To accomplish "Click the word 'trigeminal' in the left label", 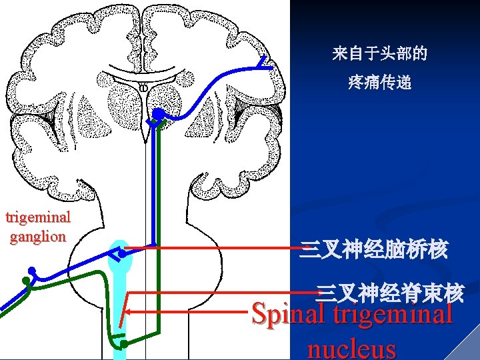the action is point(37,217).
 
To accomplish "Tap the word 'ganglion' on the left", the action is point(37,236).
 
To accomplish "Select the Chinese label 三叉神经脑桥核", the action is point(373,251).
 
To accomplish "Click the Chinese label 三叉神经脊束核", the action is point(390,292).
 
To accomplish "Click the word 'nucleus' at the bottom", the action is point(351,349).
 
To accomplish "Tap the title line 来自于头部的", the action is point(380,54).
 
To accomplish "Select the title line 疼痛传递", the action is point(380,83).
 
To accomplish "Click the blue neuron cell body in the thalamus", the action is point(157,113).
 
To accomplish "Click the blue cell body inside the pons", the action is point(123,254).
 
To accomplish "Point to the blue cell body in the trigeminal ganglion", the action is point(31,271).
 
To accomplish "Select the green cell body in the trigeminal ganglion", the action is point(27,281).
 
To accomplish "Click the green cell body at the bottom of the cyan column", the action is point(123,343).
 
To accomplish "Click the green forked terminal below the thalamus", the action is point(157,123).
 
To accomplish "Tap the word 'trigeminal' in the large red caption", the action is point(393,313).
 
